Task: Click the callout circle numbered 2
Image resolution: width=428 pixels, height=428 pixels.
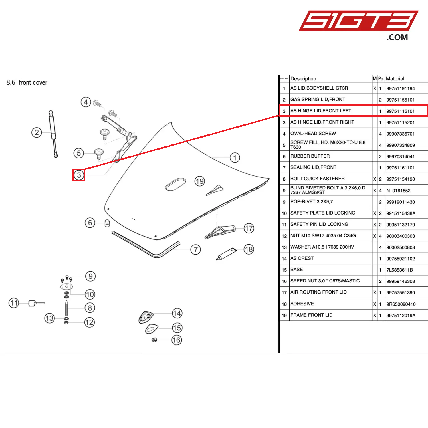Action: click(x=37, y=132)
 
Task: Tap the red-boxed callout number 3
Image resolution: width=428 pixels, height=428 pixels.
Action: click(x=79, y=175)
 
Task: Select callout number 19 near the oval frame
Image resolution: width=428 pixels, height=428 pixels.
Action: click(x=200, y=181)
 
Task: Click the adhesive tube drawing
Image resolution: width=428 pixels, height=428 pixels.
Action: click(x=227, y=254)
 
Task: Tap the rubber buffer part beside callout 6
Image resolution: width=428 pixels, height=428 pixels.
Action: click(x=107, y=223)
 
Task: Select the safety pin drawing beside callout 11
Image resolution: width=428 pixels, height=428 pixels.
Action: click(x=36, y=303)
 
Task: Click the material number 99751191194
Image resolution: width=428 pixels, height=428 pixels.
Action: click(x=400, y=88)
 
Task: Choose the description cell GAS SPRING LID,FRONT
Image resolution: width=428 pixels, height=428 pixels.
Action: click(x=318, y=99)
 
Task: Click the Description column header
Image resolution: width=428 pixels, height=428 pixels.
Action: click(x=303, y=79)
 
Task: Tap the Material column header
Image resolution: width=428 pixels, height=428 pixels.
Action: click(x=395, y=79)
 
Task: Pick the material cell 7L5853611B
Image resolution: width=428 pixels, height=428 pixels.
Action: click(x=399, y=270)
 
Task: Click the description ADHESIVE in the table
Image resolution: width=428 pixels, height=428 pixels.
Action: click(x=302, y=304)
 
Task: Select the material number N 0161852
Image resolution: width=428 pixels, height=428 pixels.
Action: click(x=398, y=191)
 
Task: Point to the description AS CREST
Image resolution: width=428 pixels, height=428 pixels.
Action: click(x=302, y=258)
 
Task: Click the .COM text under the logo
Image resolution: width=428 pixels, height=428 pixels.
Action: click(x=397, y=37)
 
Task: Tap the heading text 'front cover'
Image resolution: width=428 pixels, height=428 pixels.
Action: click(x=33, y=83)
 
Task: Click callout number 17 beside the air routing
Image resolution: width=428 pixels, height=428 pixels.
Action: click(x=249, y=228)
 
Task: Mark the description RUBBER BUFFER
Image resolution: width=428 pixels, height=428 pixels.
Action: click(x=310, y=156)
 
